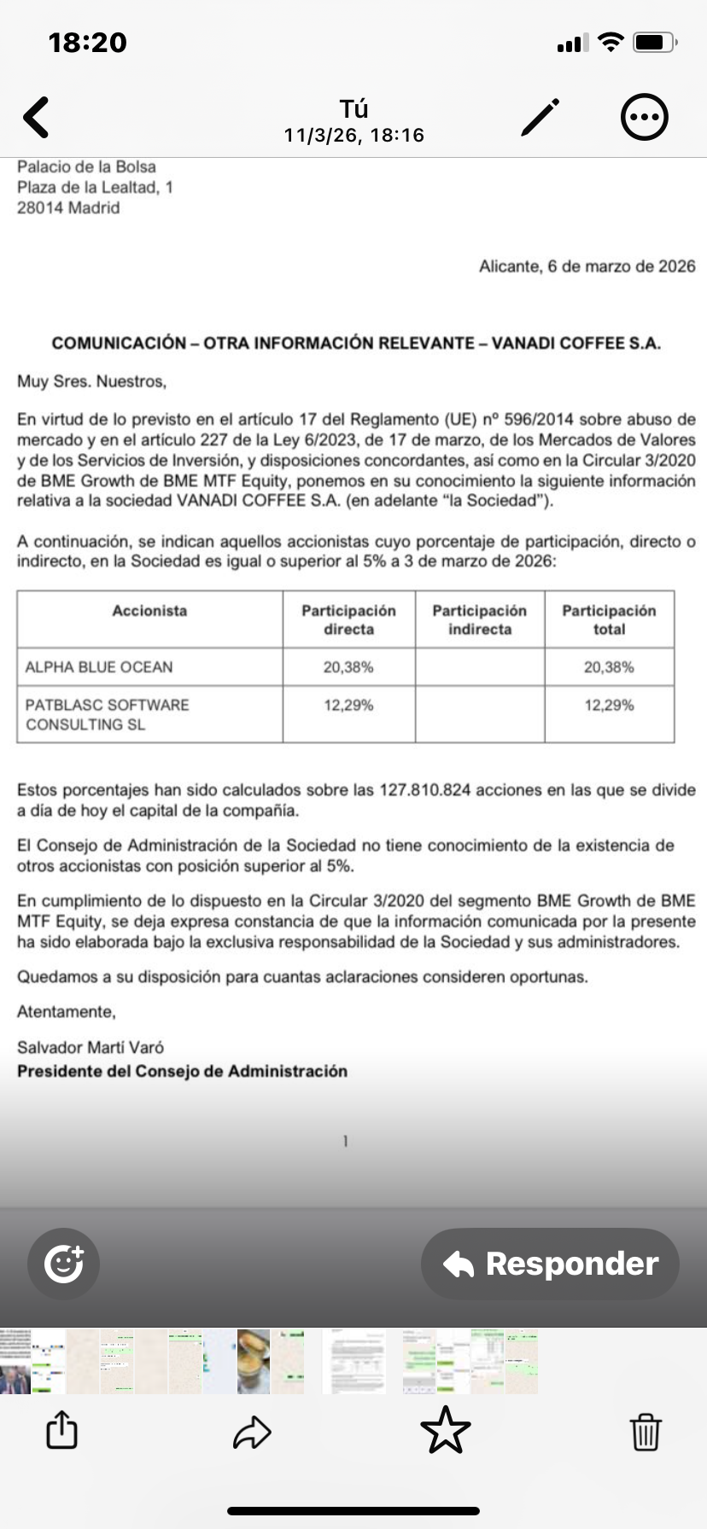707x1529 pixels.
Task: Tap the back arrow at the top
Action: (x=37, y=117)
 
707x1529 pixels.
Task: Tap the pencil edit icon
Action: (x=540, y=117)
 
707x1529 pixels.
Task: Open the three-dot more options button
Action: (x=644, y=117)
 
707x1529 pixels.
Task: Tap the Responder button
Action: (x=551, y=1264)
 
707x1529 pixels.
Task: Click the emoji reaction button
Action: (x=63, y=1264)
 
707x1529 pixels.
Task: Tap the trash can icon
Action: (x=646, y=1431)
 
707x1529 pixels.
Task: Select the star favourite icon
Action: (x=446, y=1431)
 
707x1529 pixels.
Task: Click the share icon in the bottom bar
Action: (x=61, y=1430)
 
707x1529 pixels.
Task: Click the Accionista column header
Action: (x=149, y=611)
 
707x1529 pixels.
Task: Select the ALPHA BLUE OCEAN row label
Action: (x=99, y=667)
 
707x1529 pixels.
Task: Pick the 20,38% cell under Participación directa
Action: (x=348, y=667)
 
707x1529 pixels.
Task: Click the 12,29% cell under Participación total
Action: (x=609, y=706)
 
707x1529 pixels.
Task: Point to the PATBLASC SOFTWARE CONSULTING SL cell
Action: (x=107, y=715)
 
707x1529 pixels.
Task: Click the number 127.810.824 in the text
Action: (x=425, y=790)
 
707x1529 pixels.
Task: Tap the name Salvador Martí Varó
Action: (x=91, y=1047)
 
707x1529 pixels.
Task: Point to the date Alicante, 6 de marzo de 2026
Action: (x=587, y=266)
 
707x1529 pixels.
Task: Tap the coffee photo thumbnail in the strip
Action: (x=254, y=1362)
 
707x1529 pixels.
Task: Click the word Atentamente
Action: (x=67, y=1012)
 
